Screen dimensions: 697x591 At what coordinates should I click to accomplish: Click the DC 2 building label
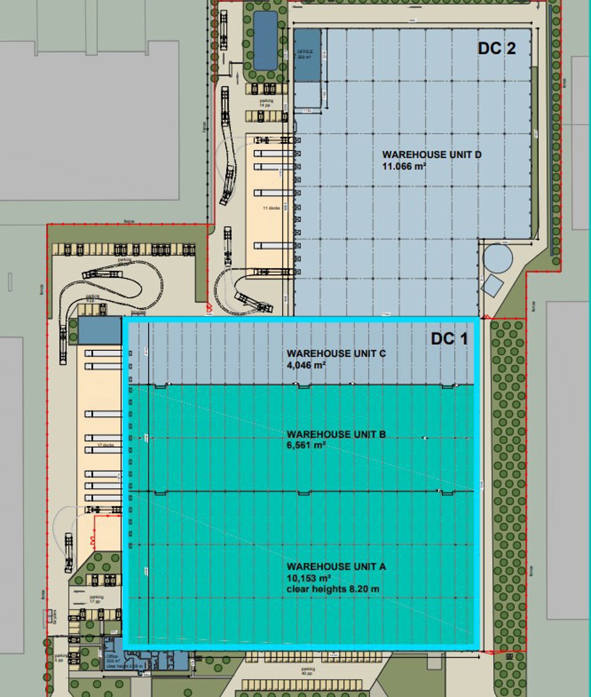point(497,48)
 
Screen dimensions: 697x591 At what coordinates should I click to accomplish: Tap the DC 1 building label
point(449,339)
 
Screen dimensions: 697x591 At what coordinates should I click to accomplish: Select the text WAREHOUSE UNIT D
point(432,155)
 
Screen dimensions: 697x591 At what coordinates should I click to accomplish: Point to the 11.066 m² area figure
point(404,167)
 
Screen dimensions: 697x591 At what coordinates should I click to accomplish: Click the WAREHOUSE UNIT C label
point(336,353)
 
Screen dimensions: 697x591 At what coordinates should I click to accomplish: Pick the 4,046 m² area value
point(306,365)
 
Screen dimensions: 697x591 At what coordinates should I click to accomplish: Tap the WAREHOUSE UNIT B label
point(336,434)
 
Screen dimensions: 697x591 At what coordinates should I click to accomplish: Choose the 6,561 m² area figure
point(306,445)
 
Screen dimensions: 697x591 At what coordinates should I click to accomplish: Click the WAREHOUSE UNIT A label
point(336,566)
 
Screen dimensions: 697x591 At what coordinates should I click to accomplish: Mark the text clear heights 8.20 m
point(333,589)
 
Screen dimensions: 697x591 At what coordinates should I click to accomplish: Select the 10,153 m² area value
point(308,578)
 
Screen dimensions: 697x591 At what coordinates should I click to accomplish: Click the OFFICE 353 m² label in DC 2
point(305,54)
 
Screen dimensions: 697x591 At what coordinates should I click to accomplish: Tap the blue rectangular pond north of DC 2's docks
point(265,41)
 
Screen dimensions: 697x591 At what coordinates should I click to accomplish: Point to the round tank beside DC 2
point(498,258)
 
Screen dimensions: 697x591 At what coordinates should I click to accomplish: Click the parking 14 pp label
point(266,103)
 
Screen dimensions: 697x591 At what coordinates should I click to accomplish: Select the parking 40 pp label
point(307,671)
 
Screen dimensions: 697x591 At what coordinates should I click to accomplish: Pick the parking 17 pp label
point(96,600)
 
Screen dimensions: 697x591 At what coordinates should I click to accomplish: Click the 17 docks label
point(106,445)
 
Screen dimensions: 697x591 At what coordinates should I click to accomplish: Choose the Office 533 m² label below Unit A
point(112,659)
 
